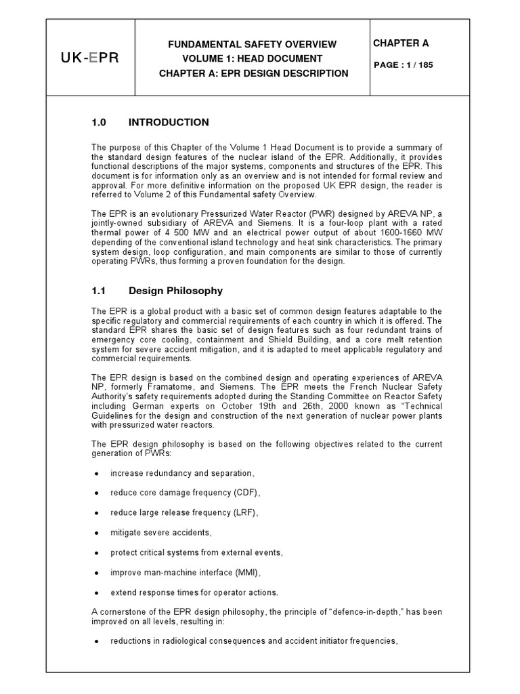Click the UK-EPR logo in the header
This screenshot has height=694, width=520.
click(x=90, y=58)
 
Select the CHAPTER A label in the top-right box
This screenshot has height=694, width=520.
click(x=401, y=43)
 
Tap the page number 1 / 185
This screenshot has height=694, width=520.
click(x=404, y=66)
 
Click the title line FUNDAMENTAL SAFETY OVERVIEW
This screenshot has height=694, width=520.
click(x=253, y=44)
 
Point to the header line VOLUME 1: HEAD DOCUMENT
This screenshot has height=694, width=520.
click(x=253, y=58)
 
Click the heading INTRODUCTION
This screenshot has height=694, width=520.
click(x=169, y=123)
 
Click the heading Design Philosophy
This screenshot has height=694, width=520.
click(x=175, y=291)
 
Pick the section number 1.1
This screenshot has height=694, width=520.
click(x=99, y=291)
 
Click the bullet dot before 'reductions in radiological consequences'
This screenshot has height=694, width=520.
click(x=97, y=640)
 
